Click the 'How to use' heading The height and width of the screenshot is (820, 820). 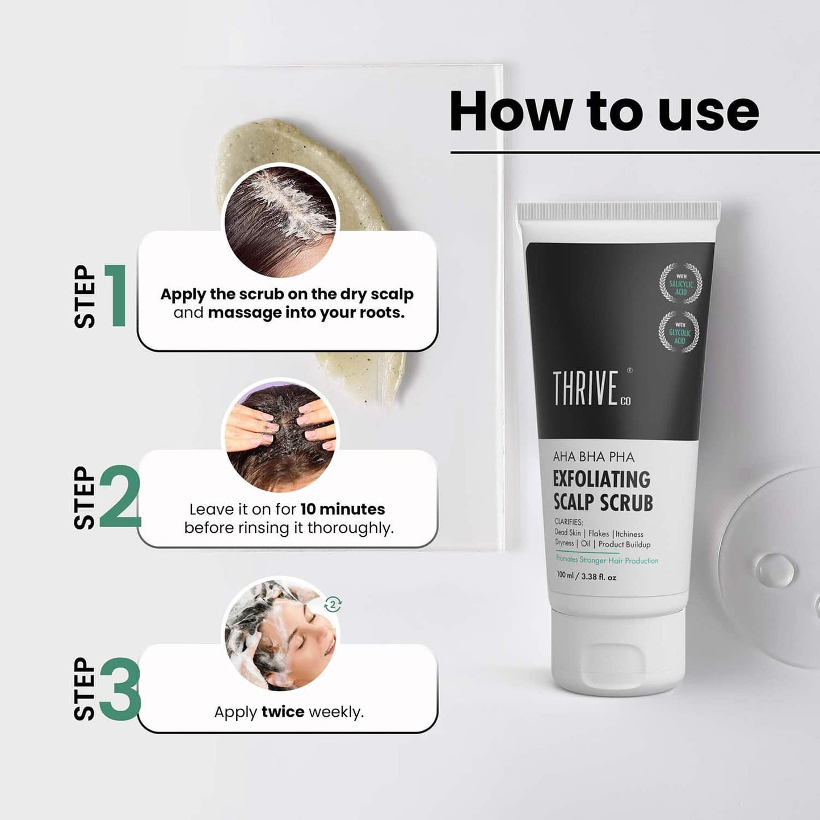click(604, 111)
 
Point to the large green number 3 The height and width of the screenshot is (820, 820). click(120, 689)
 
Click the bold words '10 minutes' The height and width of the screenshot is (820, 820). click(342, 509)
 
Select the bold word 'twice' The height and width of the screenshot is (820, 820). click(283, 712)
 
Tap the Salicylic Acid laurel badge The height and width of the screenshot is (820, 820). click(680, 283)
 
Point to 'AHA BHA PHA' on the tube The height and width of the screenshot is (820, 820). click(594, 457)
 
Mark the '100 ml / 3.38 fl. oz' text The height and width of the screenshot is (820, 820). click(586, 576)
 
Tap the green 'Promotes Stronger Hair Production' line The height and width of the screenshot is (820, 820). click(607, 560)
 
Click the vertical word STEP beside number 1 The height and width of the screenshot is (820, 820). click(85, 296)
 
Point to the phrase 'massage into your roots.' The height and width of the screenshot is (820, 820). click(306, 313)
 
